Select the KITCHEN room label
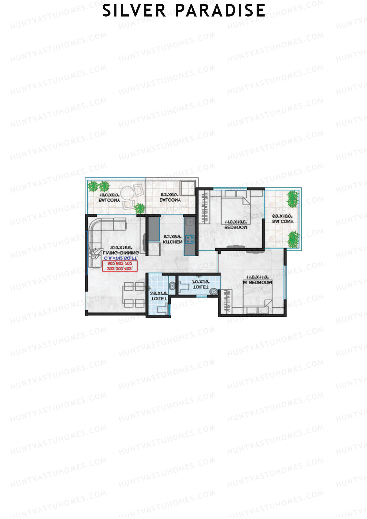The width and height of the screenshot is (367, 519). coord(172,242)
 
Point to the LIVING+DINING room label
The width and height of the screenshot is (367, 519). coord(121,253)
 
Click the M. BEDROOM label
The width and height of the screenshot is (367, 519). coord(257,283)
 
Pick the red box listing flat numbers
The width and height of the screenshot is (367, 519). coord(120,266)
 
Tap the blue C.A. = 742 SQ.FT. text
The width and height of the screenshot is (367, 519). coord(121,258)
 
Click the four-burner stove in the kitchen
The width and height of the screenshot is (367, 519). coord(189,239)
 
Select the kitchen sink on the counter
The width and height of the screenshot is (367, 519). coord(190,221)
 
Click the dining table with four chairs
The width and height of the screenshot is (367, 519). coord(134,295)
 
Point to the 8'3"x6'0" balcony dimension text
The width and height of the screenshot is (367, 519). coord(170,194)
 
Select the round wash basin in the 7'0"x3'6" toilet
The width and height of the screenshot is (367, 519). coord(213,292)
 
